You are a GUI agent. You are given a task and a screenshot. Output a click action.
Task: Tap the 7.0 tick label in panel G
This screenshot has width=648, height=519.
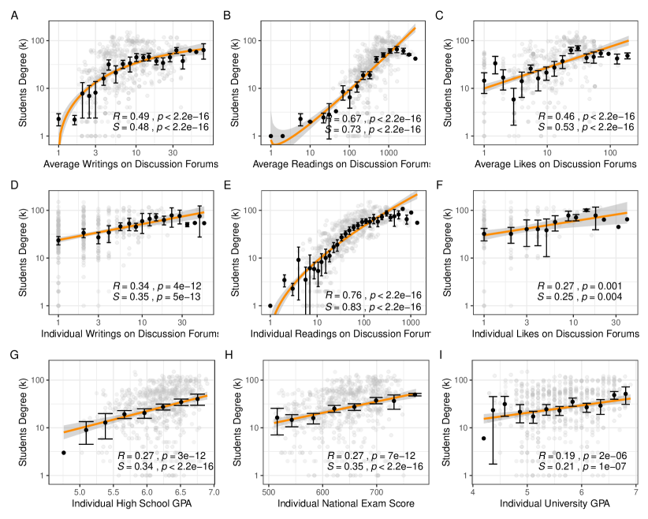[x=214, y=491]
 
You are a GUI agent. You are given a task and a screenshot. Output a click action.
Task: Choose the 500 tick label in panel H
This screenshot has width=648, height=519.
[x=268, y=491]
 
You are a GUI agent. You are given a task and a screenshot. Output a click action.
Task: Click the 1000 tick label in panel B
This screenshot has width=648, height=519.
[x=387, y=152]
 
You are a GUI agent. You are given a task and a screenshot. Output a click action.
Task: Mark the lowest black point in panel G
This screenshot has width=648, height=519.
[x=63, y=452]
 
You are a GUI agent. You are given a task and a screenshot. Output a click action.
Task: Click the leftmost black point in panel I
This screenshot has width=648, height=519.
[x=484, y=438]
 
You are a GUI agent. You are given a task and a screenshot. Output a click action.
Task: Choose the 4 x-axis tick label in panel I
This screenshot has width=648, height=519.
[x=473, y=491]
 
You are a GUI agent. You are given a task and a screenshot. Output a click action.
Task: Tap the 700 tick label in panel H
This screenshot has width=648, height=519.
[x=377, y=491]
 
